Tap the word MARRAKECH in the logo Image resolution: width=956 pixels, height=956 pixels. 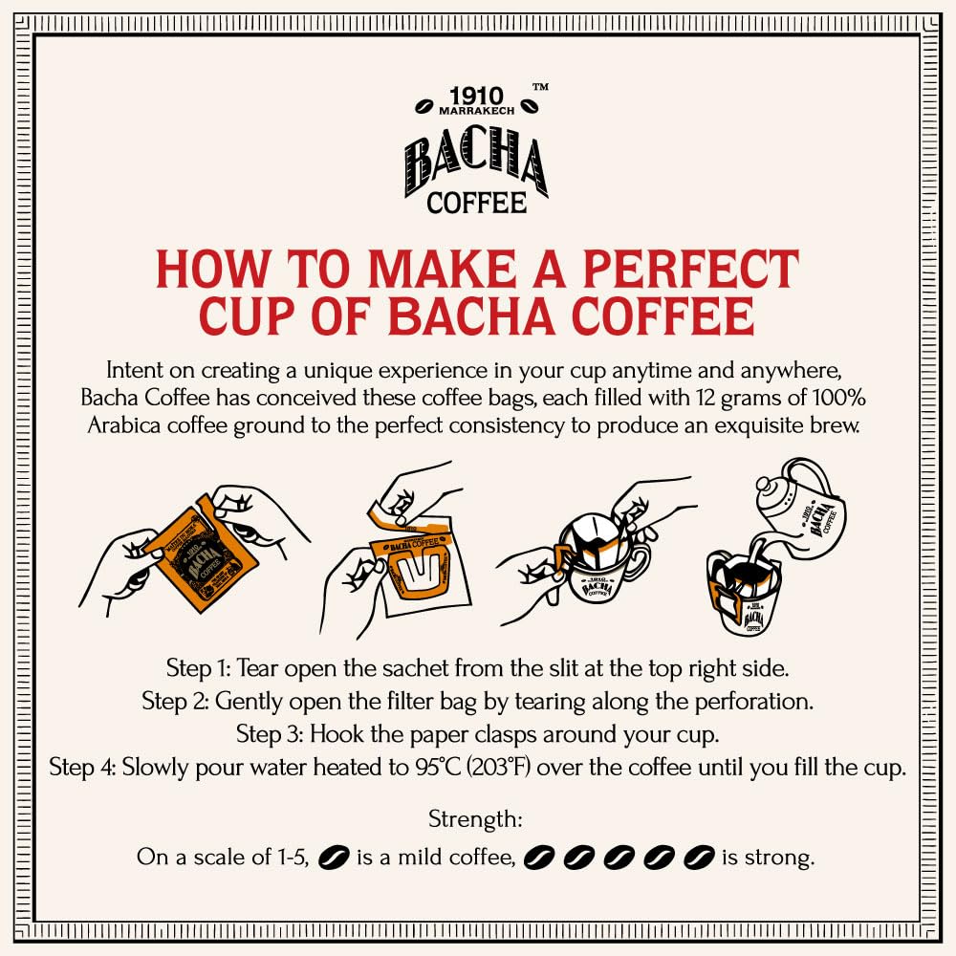pyautogui.click(x=477, y=113)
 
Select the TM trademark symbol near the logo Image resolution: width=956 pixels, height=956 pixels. pyautogui.click(x=540, y=87)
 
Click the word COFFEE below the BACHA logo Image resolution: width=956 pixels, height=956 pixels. pyautogui.click(x=477, y=203)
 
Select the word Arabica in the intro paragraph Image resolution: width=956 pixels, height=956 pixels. pyautogui.click(x=124, y=425)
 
